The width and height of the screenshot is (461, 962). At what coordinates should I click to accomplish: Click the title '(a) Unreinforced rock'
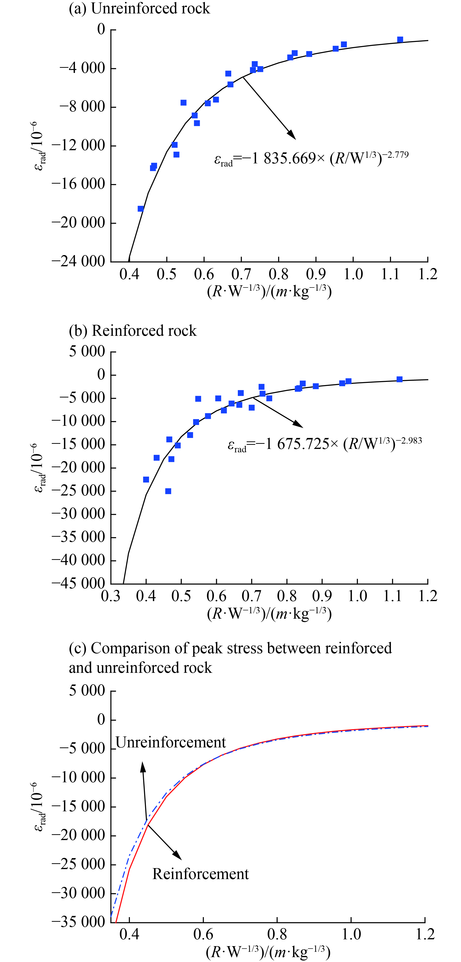point(139,8)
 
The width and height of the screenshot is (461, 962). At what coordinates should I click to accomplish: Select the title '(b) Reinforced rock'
point(133,330)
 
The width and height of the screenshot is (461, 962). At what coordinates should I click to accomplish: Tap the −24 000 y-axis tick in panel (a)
point(79,261)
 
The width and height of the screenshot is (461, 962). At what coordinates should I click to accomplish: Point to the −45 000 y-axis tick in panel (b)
point(79,583)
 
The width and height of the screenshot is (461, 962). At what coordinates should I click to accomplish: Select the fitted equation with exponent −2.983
point(325,444)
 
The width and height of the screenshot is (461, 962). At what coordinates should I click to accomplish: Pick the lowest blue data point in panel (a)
point(140,209)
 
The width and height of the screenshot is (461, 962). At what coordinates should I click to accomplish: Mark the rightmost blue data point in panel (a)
point(400,40)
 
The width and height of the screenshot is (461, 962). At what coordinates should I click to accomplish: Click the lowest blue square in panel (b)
point(168,491)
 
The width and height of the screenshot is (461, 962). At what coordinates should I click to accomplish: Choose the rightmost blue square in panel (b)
point(399,379)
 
